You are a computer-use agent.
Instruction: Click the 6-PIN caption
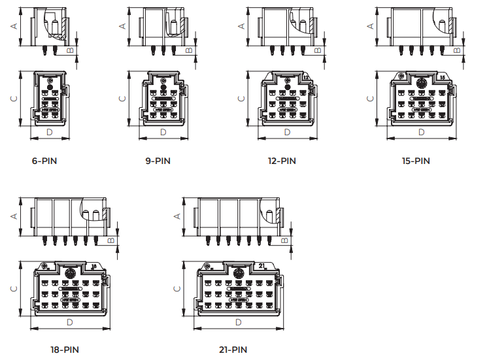(x=44, y=161)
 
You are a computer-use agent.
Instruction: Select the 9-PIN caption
(x=158, y=161)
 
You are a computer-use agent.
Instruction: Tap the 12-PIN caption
(x=282, y=161)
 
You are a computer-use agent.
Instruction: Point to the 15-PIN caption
(x=416, y=161)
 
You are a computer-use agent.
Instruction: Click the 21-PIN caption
(x=233, y=350)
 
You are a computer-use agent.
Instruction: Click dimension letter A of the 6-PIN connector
(x=13, y=25)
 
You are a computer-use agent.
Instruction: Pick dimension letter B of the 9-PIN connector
(x=189, y=49)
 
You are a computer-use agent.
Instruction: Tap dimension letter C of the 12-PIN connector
(x=241, y=98)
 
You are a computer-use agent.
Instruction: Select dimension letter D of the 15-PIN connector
(x=421, y=133)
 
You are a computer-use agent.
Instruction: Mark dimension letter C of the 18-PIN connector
(x=13, y=287)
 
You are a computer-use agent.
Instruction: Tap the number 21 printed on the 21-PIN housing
(x=261, y=265)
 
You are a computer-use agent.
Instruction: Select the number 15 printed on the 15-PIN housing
(x=443, y=77)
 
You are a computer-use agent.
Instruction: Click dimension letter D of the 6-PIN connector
(x=49, y=133)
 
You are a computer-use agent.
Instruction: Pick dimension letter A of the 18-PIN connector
(x=13, y=215)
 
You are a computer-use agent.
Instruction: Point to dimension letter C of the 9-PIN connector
(x=122, y=98)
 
